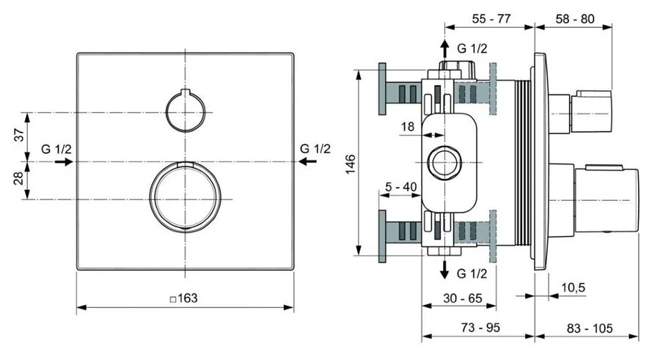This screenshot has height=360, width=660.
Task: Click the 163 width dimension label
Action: [x=184, y=299]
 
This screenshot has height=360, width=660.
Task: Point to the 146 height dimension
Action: [x=351, y=164]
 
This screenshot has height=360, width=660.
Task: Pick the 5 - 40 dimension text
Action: [x=401, y=186]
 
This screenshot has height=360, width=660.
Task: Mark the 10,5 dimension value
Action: [x=573, y=287]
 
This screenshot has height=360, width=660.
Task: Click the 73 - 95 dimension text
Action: [x=479, y=327]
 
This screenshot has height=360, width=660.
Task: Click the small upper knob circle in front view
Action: [x=184, y=113]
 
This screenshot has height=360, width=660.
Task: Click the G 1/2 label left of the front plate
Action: [x=56, y=149]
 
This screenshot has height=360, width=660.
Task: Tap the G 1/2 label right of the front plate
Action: [x=315, y=149]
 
